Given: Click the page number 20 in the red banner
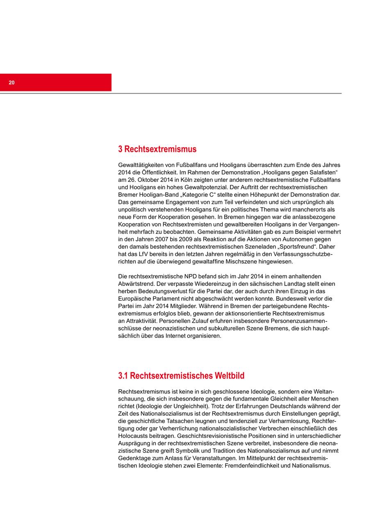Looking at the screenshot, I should [11, 83].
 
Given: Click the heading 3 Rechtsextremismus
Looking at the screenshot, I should [157, 149].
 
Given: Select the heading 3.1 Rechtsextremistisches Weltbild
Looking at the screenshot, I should [181, 376].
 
